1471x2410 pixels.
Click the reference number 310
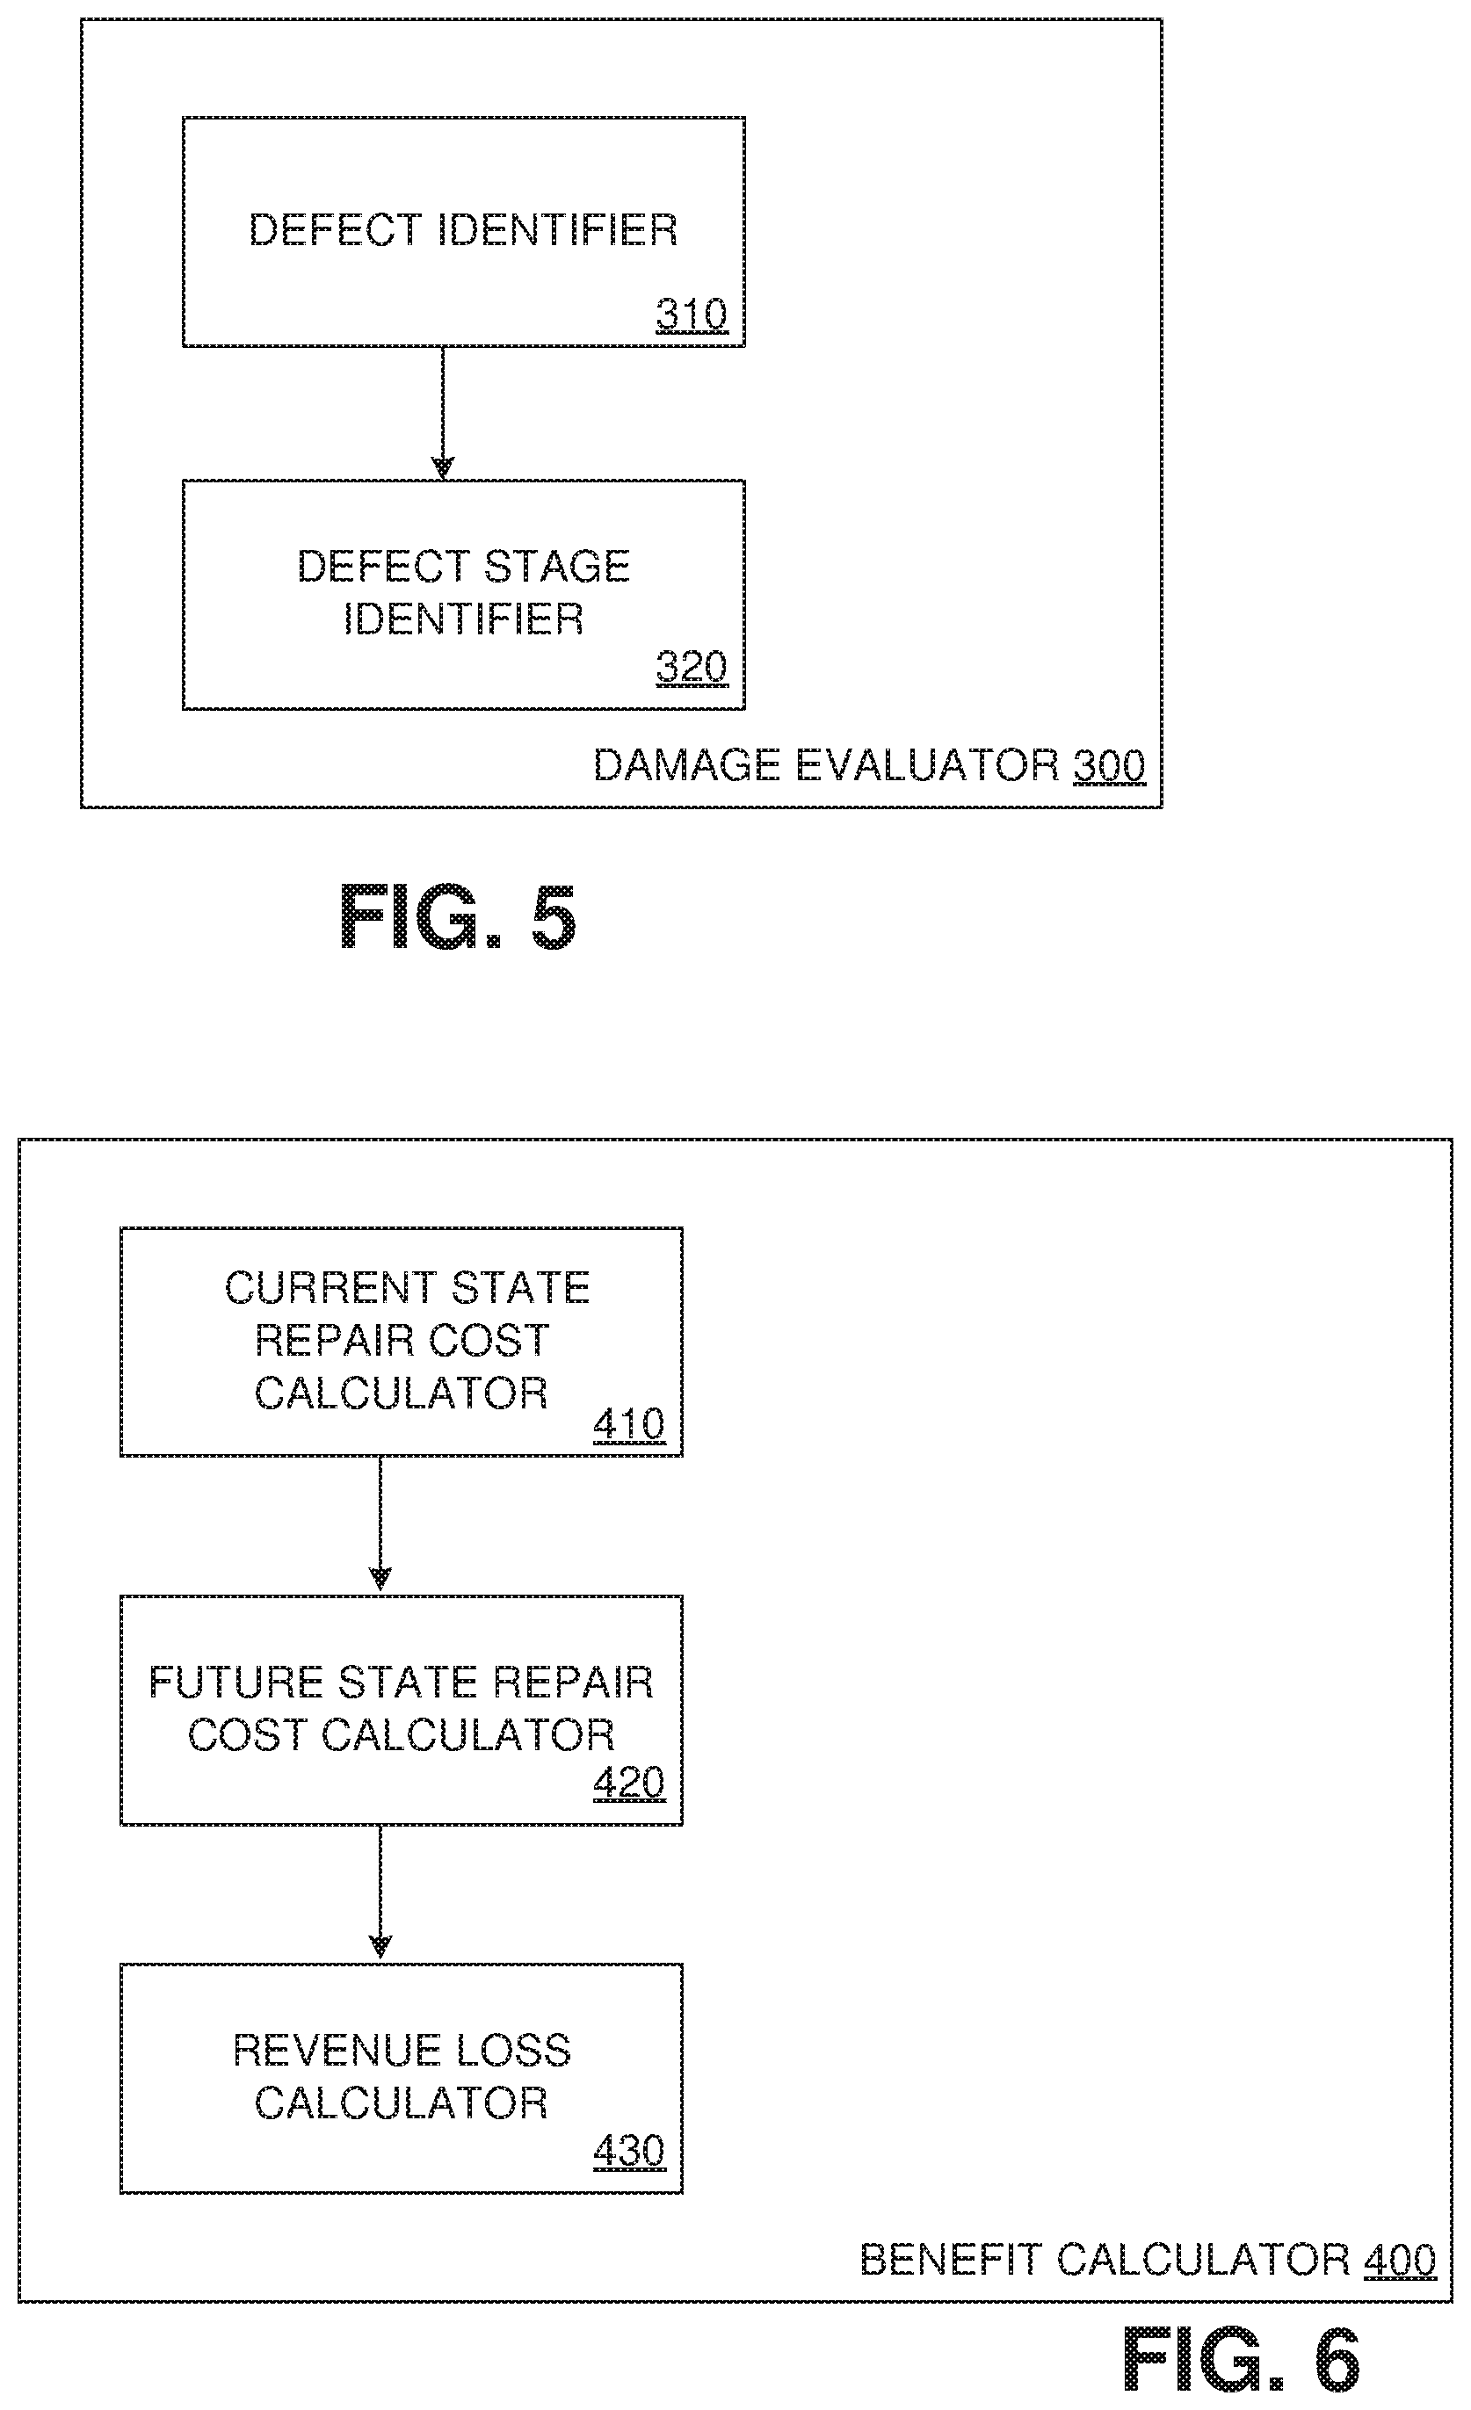pyautogui.click(x=692, y=315)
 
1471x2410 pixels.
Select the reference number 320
pyautogui.click(x=692, y=667)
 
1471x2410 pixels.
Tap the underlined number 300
pyautogui.click(x=1108, y=766)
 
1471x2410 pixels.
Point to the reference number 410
pyautogui.click(x=629, y=1424)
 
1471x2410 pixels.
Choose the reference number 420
pyautogui.click(x=629, y=1783)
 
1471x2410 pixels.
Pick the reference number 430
pyautogui.click(x=629, y=2151)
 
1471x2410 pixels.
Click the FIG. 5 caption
pyautogui.click(x=457, y=916)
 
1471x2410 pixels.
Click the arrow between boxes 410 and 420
pyautogui.click(x=380, y=1525)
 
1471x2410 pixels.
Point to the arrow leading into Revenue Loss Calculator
pyautogui.click(x=380, y=1893)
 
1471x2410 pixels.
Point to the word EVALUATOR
pyautogui.click(x=926, y=766)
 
